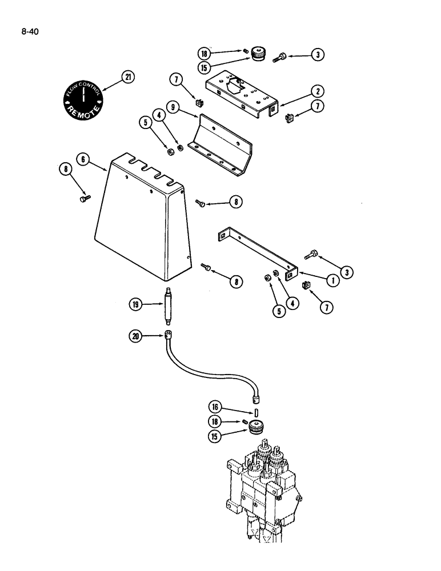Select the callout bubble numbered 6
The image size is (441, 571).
[x=84, y=160]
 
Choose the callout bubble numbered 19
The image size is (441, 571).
[x=136, y=305]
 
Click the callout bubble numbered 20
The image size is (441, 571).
[x=136, y=336]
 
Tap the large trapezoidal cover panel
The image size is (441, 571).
[x=143, y=223]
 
